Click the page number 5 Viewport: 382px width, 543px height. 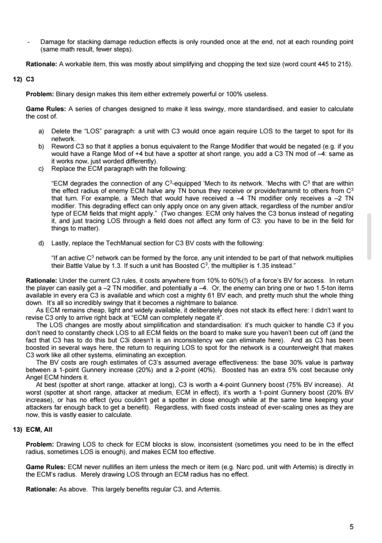point(351,527)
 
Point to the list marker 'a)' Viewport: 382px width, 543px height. point(41,131)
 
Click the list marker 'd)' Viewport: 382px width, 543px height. point(41,243)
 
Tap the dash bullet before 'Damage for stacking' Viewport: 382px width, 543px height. point(28,42)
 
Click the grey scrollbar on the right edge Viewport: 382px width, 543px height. point(370,236)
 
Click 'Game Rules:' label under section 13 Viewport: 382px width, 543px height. point(46,467)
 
